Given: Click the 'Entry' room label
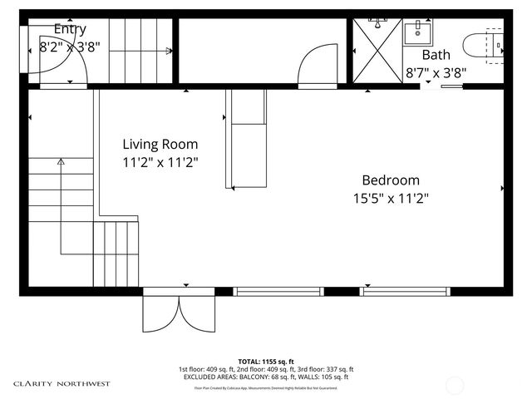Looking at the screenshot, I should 70,28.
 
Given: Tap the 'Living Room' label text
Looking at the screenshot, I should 160,144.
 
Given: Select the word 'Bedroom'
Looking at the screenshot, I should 390,180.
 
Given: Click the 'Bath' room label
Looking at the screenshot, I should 436,55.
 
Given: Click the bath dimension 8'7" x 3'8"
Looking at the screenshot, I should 436,72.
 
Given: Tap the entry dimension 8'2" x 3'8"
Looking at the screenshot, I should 70,47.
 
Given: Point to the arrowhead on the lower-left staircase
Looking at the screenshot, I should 60,164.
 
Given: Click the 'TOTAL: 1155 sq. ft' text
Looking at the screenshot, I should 266,361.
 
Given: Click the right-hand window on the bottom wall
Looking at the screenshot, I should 404,291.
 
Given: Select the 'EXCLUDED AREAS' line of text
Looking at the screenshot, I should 266,377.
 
